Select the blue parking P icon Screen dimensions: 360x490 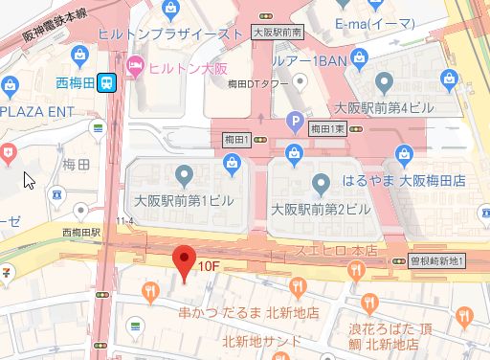296,122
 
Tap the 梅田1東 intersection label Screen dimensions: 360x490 326,126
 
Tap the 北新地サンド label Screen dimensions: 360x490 263,341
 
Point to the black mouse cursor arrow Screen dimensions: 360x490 29,180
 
